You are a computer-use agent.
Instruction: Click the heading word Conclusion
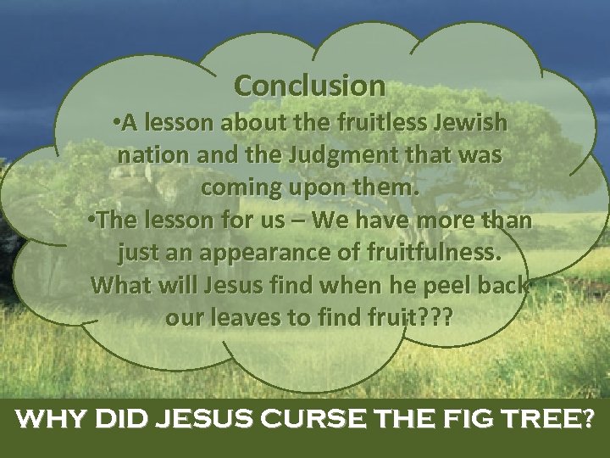[309, 85]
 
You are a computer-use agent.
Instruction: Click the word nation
[150, 156]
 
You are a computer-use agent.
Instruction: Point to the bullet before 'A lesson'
[115, 124]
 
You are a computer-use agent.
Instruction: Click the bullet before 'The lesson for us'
[92, 221]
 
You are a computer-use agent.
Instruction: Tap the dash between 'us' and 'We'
[300, 221]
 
